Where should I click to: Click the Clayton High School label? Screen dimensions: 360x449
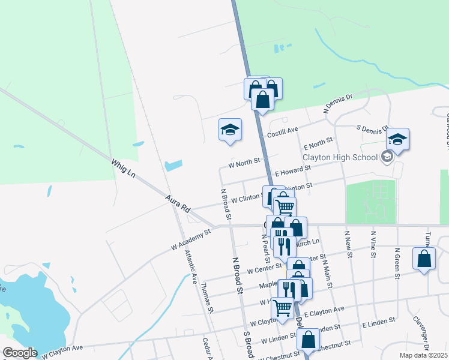click(339, 157)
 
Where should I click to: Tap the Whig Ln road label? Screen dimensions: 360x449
click(123, 167)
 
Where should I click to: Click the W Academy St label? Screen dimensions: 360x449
click(191, 238)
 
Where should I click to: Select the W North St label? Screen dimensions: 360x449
click(244, 162)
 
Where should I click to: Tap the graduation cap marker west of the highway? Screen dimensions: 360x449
click(230, 130)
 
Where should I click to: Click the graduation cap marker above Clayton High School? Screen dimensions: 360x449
click(397, 140)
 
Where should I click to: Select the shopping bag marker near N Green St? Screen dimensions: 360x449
click(424, 259)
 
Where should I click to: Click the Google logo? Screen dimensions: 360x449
click(19, 353)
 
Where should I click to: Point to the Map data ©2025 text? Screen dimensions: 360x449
click(423, 355)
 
